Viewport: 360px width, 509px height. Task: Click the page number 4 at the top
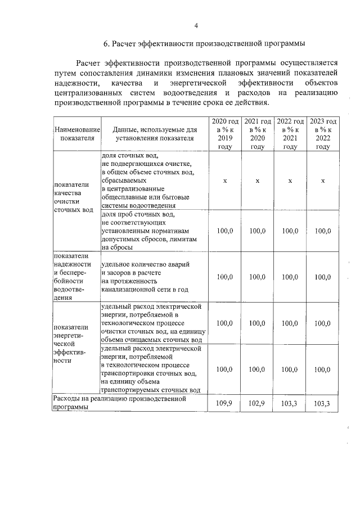[196, 25]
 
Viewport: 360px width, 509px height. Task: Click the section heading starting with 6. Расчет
[204, 43]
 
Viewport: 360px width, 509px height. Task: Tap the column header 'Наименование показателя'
[76, 134]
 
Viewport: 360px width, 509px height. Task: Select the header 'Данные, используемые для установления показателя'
[154, 134]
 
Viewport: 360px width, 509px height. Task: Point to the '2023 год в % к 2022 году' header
[323, 134]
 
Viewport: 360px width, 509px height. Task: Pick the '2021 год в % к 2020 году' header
[257, 134]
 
